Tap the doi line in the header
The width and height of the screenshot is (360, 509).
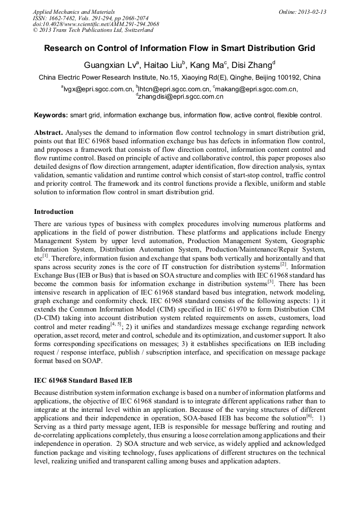pyautogui.click(x=96, y=24)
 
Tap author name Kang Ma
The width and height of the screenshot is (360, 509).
pyautogui.click(x=207, y=65)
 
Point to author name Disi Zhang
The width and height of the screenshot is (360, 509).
pyautogui.click(x=253, y=65)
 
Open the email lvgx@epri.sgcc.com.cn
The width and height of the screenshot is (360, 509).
pyautogui.click(x=98, y=89)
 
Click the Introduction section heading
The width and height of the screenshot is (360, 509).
pyautogui.click(x=54, y=212)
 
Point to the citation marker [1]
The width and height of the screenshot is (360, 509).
pyautogui.click(x=46, y=255)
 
